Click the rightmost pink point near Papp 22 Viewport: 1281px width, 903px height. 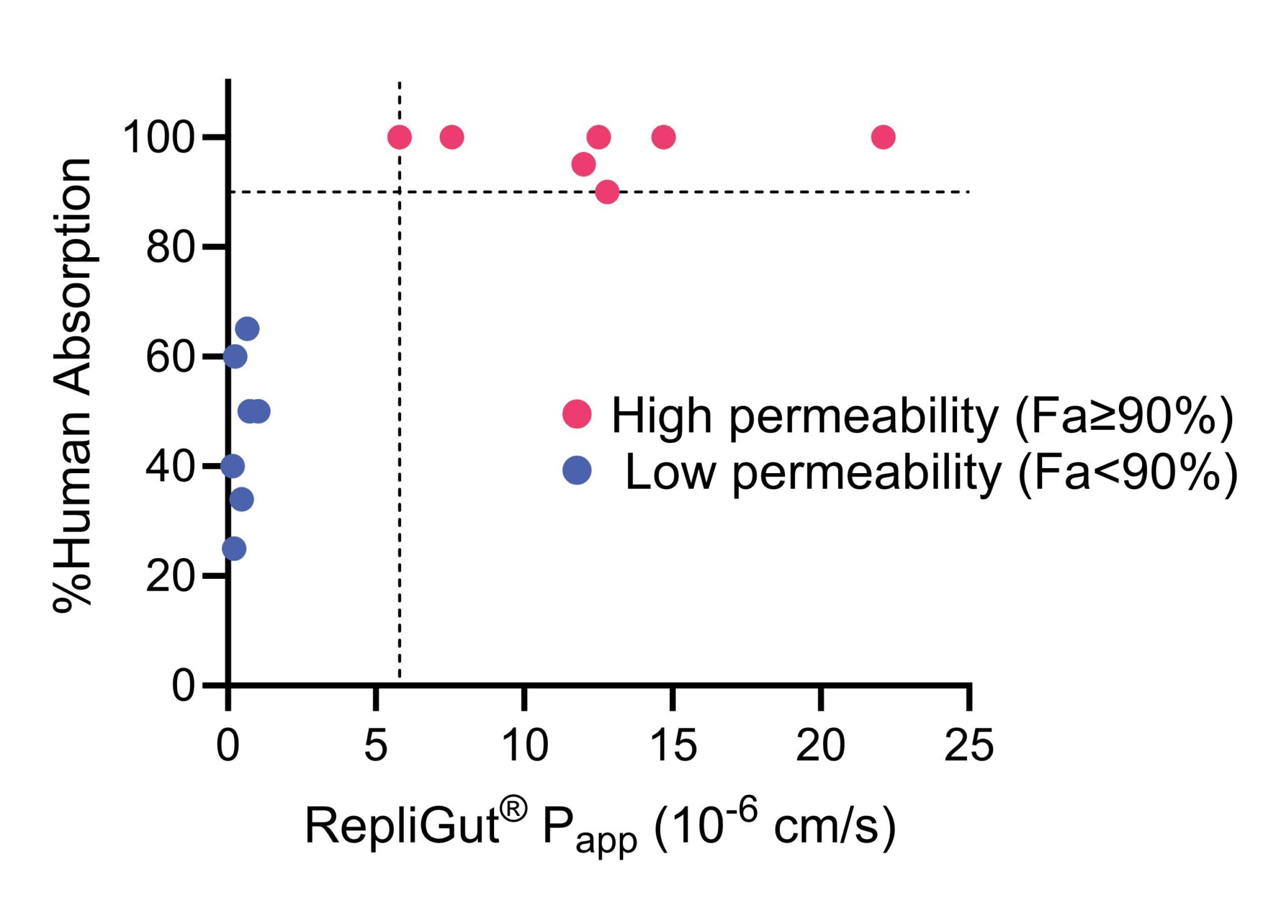click(x=883, y=136)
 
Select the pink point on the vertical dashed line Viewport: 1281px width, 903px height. click(x=399, y=136)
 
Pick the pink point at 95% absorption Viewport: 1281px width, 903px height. click(x=583, y=165)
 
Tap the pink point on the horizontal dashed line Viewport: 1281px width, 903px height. click(x=607, y=191)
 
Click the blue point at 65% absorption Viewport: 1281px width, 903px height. click(x=247, y=329)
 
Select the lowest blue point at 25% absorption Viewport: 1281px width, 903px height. click(x=234, y=549)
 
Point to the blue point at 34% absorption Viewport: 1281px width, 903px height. click(x=241, y=499)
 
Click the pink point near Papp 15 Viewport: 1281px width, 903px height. click(x=664, y=136)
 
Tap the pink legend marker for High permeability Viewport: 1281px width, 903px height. click(x=577, y=414)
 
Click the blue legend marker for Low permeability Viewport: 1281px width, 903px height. click(x=577, y=470)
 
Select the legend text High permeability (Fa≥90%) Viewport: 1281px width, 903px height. click(x=923, y=416)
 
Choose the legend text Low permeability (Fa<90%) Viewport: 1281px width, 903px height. click(x=931, y=472)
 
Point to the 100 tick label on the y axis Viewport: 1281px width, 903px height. click(x=159, y=137)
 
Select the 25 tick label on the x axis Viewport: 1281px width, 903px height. click(x=969, y=745)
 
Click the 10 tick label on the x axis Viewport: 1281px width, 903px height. click(x=525, y=745)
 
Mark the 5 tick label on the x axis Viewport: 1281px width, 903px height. click(x=375, y=745)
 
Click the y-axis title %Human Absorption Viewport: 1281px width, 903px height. click(x=73, y=384)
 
